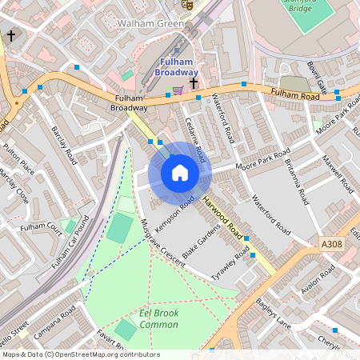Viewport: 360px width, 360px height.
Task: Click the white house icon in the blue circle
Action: click(179, 173)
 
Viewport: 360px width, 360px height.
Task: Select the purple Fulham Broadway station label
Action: click(177, 67)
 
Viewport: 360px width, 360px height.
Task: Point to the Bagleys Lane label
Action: click(274, 312)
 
